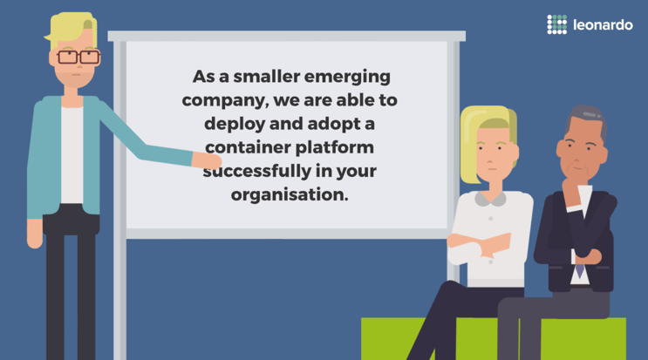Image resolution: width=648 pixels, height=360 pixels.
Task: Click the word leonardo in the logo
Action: [603, 24]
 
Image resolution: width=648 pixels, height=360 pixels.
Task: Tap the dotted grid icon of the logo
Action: [556, 24]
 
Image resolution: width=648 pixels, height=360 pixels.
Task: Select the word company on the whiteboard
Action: [225, 101]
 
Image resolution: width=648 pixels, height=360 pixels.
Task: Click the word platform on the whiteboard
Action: [335, 147]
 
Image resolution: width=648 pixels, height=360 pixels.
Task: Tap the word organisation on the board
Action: [290, 195]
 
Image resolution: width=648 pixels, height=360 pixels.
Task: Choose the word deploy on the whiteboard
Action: [235, 125]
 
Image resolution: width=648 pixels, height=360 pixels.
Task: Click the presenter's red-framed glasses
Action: [78, 57]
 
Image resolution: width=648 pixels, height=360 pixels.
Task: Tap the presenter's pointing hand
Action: [207, 160]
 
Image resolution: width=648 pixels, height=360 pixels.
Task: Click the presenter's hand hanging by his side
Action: [35, 234]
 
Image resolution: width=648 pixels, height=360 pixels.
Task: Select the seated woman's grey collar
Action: [490, 199]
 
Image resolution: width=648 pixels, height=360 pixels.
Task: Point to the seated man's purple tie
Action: [580, 271]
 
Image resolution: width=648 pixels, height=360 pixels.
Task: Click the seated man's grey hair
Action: [585, 119]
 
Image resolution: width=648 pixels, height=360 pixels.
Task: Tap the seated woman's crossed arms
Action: [482, 247]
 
